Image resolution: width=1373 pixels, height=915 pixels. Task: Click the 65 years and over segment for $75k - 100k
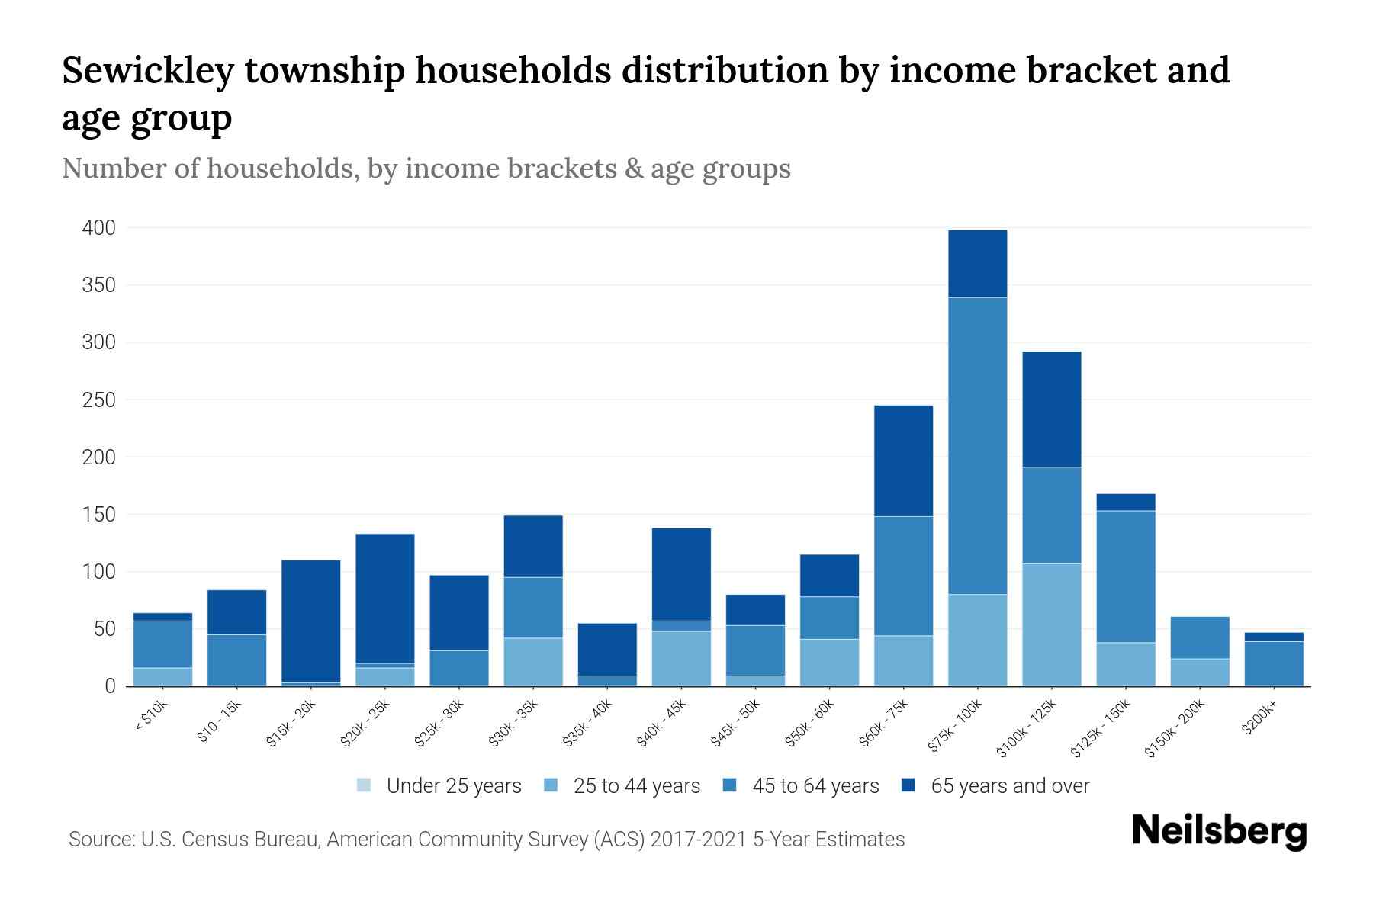[x=977, y=263]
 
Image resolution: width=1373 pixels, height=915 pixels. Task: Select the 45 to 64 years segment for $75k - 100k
[x=977, y=446]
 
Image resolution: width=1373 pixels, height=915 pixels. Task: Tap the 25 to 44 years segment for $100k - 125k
[x=1051, y=625]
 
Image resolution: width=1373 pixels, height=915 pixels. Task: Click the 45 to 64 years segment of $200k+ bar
[x=1274, y=663]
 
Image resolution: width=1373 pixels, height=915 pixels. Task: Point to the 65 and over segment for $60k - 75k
[x=903, y=461]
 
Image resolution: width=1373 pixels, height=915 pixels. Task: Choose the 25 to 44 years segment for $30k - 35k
[x=533, y=662]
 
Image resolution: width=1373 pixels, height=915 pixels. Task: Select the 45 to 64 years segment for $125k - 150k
[x=1125, y=576]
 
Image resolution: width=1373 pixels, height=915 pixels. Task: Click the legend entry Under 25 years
[x=454, y=786]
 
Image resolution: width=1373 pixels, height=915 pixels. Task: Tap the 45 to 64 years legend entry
[x=815, y=786]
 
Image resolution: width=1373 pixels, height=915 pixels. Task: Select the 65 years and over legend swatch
[x=908, y=785]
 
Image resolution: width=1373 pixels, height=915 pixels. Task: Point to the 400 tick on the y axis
[x=99, y=228]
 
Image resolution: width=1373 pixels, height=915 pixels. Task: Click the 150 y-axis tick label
[x=99, y=515]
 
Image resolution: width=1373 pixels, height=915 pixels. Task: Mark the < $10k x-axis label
[x=151, y=717]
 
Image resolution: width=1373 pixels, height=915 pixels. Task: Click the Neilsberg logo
[x=1219, y=831]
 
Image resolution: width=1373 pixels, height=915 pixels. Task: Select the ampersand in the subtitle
[x=632, y=169]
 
